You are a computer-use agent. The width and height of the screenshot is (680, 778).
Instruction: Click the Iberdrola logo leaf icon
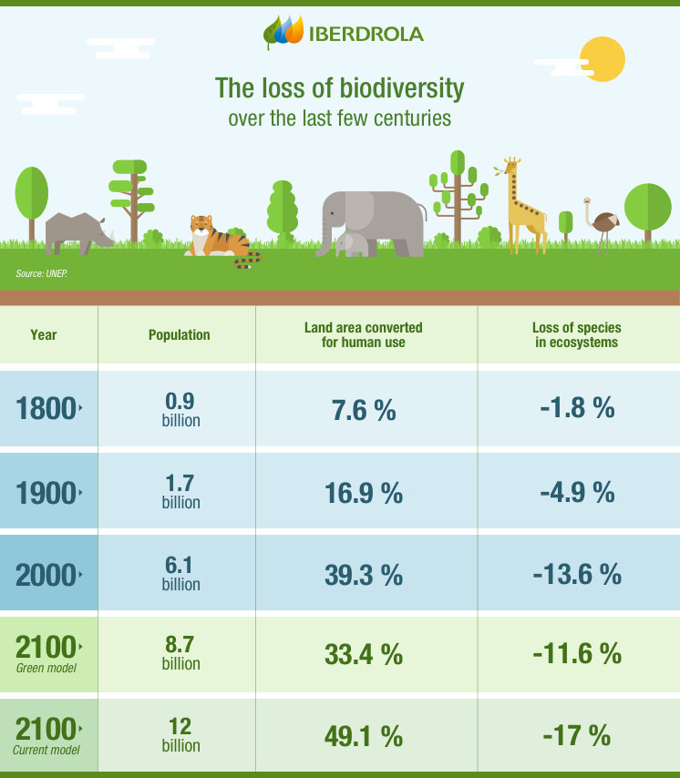point(283,33)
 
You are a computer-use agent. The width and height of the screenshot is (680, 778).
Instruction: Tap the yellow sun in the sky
point(602,60)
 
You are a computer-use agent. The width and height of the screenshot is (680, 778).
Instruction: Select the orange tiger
point(218,240)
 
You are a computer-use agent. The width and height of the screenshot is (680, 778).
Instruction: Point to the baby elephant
point(352,244)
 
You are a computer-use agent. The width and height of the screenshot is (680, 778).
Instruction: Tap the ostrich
point(602,224)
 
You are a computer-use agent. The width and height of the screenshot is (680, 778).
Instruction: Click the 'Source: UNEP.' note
point(42,273)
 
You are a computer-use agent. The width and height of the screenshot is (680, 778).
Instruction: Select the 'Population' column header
point(179,335)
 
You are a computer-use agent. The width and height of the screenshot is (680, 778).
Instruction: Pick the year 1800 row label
point(46,409)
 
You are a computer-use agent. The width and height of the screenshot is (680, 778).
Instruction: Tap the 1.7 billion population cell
point(180,492)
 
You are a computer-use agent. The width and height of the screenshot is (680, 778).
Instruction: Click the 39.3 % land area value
point(364,575)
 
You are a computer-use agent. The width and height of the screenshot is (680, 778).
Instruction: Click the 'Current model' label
point(46,750)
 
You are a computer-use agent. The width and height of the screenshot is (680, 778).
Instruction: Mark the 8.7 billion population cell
point(180,654)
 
